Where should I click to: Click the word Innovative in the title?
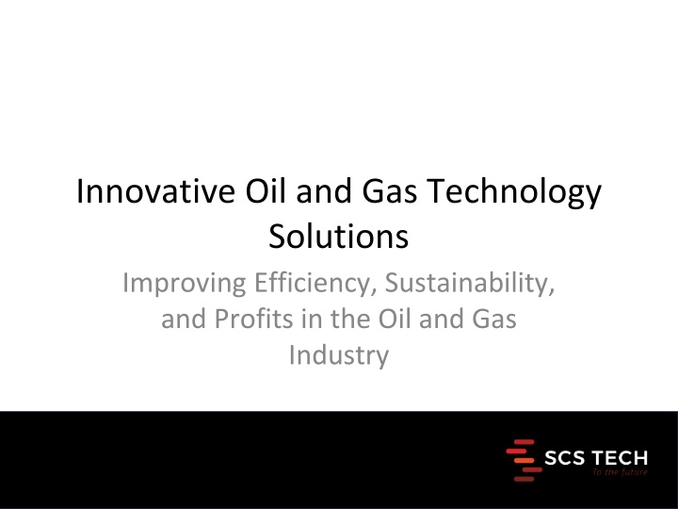coord(155,190)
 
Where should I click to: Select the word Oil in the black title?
coord(265,190)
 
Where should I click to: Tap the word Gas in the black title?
coord(390,190)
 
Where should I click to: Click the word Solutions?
coord(339,237)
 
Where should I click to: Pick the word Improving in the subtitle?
coord(185,284)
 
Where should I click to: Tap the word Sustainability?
coord(470,284)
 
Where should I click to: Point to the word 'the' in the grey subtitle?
coord(350,319)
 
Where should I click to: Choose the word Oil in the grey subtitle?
coord(395,319)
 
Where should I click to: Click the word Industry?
coord(339,356)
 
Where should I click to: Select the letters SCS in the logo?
coord(564,458)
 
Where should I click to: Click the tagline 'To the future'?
coord(621,472)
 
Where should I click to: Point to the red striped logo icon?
coord(525,460)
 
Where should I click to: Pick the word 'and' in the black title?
coord(323,190)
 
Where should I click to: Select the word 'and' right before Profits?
coord(184,319)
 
